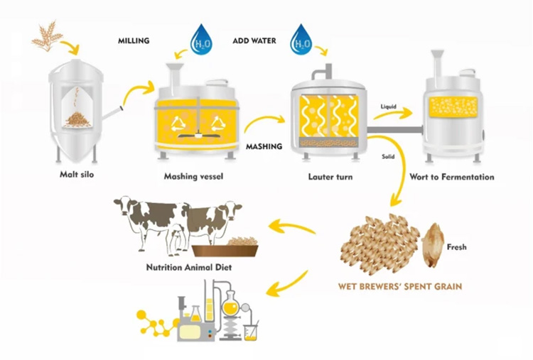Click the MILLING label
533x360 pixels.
[x=134, y=40]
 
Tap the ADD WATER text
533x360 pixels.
[x=254, y=40]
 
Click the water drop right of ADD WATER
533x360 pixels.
[x=303, y=40]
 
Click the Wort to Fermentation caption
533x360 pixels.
[x=452, y=176]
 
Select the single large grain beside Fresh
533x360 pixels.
[x=433, y=244]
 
